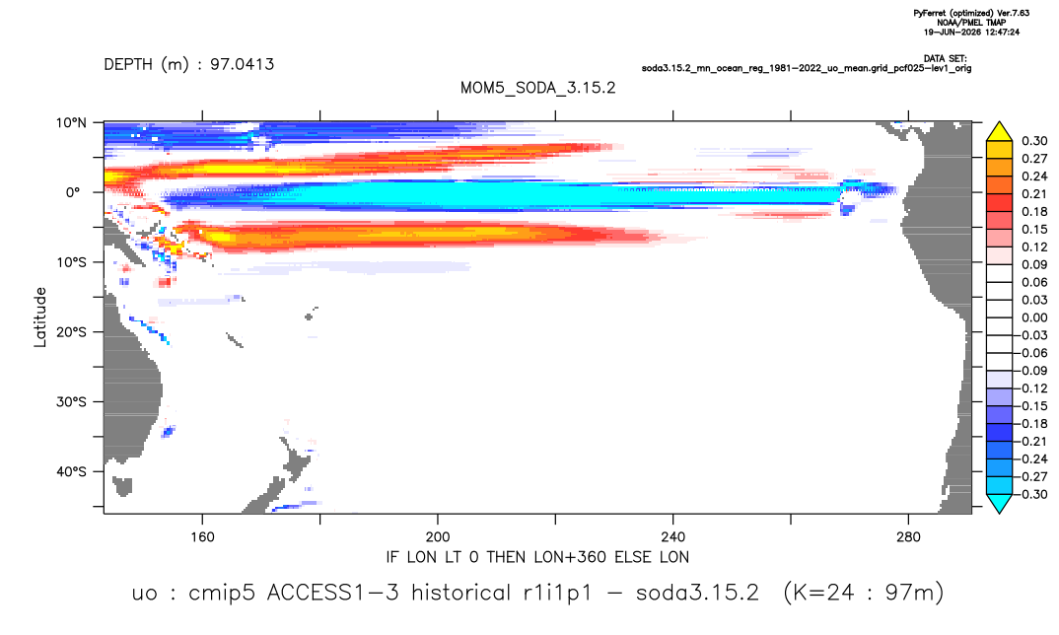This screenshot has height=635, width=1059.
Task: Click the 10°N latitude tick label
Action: (x=71, y=123)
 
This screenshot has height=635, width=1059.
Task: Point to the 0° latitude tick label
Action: (x=73, y=192)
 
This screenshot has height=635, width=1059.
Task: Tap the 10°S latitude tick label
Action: (x=71, y=262)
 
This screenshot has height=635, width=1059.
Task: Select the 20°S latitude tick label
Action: (x=71, y=331)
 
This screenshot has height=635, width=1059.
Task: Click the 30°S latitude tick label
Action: (x=71, y=401)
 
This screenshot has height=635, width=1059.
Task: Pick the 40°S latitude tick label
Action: (x=71, y=471)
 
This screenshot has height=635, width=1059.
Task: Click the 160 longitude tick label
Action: (x=202, y=537)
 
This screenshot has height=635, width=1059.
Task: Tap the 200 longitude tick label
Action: (x=438, y=537)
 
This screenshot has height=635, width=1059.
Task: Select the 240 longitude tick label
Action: (x=673, y=537)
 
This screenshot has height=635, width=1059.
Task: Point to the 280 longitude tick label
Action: (x=908, y=537)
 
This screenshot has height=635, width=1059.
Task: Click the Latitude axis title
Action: (x=40, y=317)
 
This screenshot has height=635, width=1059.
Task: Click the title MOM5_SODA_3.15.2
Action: (x=537, y=89)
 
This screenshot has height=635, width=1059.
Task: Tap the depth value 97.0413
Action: (x=242, y=64)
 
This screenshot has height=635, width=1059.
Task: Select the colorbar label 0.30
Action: (x=1034, y=141)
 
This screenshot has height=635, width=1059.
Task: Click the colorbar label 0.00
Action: (x=1034, y=317)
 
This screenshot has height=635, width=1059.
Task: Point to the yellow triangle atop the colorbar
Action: (x=1000, y=131)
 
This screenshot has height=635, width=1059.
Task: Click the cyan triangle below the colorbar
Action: (x=1000, y=503)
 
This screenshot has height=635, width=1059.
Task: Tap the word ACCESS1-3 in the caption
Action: (x=332, y=593)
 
